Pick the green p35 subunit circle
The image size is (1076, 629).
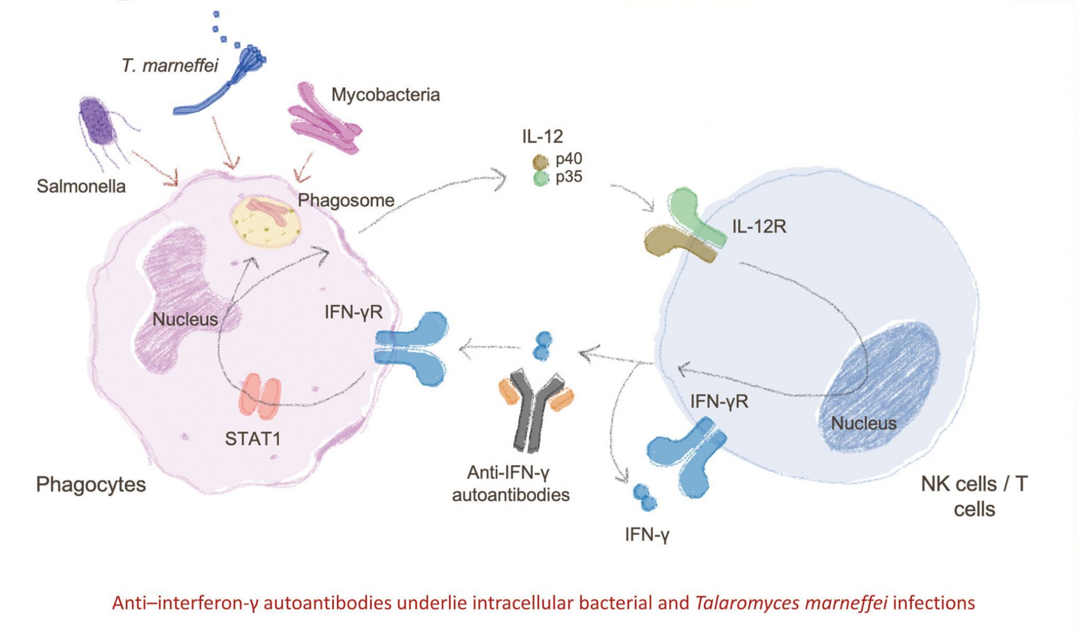click(x=541, y=179)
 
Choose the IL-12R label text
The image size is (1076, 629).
click(x=759, y=226)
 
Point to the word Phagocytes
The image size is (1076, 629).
click(x=91, y=484)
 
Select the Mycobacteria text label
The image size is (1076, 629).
click(x=385, y=95)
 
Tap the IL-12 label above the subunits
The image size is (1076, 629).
click(x=542, y=137)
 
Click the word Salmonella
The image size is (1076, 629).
click(x=81, y=187)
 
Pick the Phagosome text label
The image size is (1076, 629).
click(x=346, y=200)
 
